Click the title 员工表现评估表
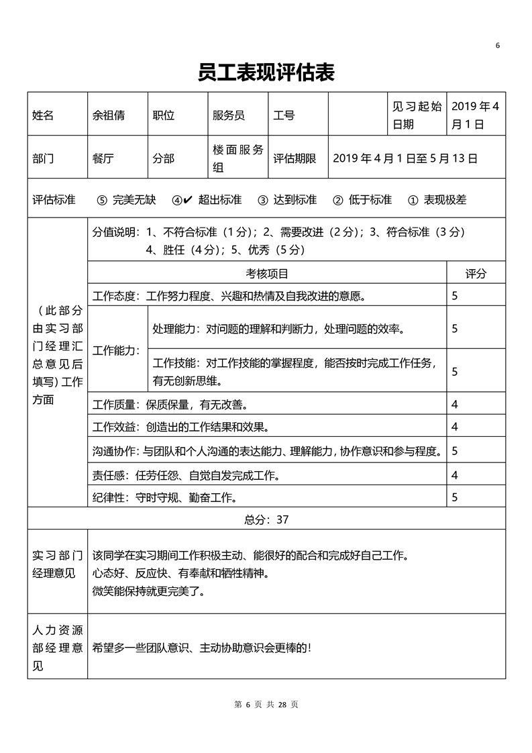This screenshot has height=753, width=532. click(266, 72)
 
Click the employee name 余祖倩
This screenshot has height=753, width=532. click(108, 115)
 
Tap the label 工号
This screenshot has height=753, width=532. click(284, 115)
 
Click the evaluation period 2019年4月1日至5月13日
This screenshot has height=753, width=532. click(405, 158)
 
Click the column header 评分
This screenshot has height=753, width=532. click(476, 273)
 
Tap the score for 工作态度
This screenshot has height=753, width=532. click(455, 295)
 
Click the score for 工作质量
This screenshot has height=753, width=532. click(455, 405)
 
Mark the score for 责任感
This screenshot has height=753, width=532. click(455, 475)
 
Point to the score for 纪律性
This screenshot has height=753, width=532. click(455, 497)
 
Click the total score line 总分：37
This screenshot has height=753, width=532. click(266, 519)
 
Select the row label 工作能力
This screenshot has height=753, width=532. click(116, 350)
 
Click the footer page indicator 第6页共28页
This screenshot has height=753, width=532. click(266, 704)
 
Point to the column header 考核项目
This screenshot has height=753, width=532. click(267, 273)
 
